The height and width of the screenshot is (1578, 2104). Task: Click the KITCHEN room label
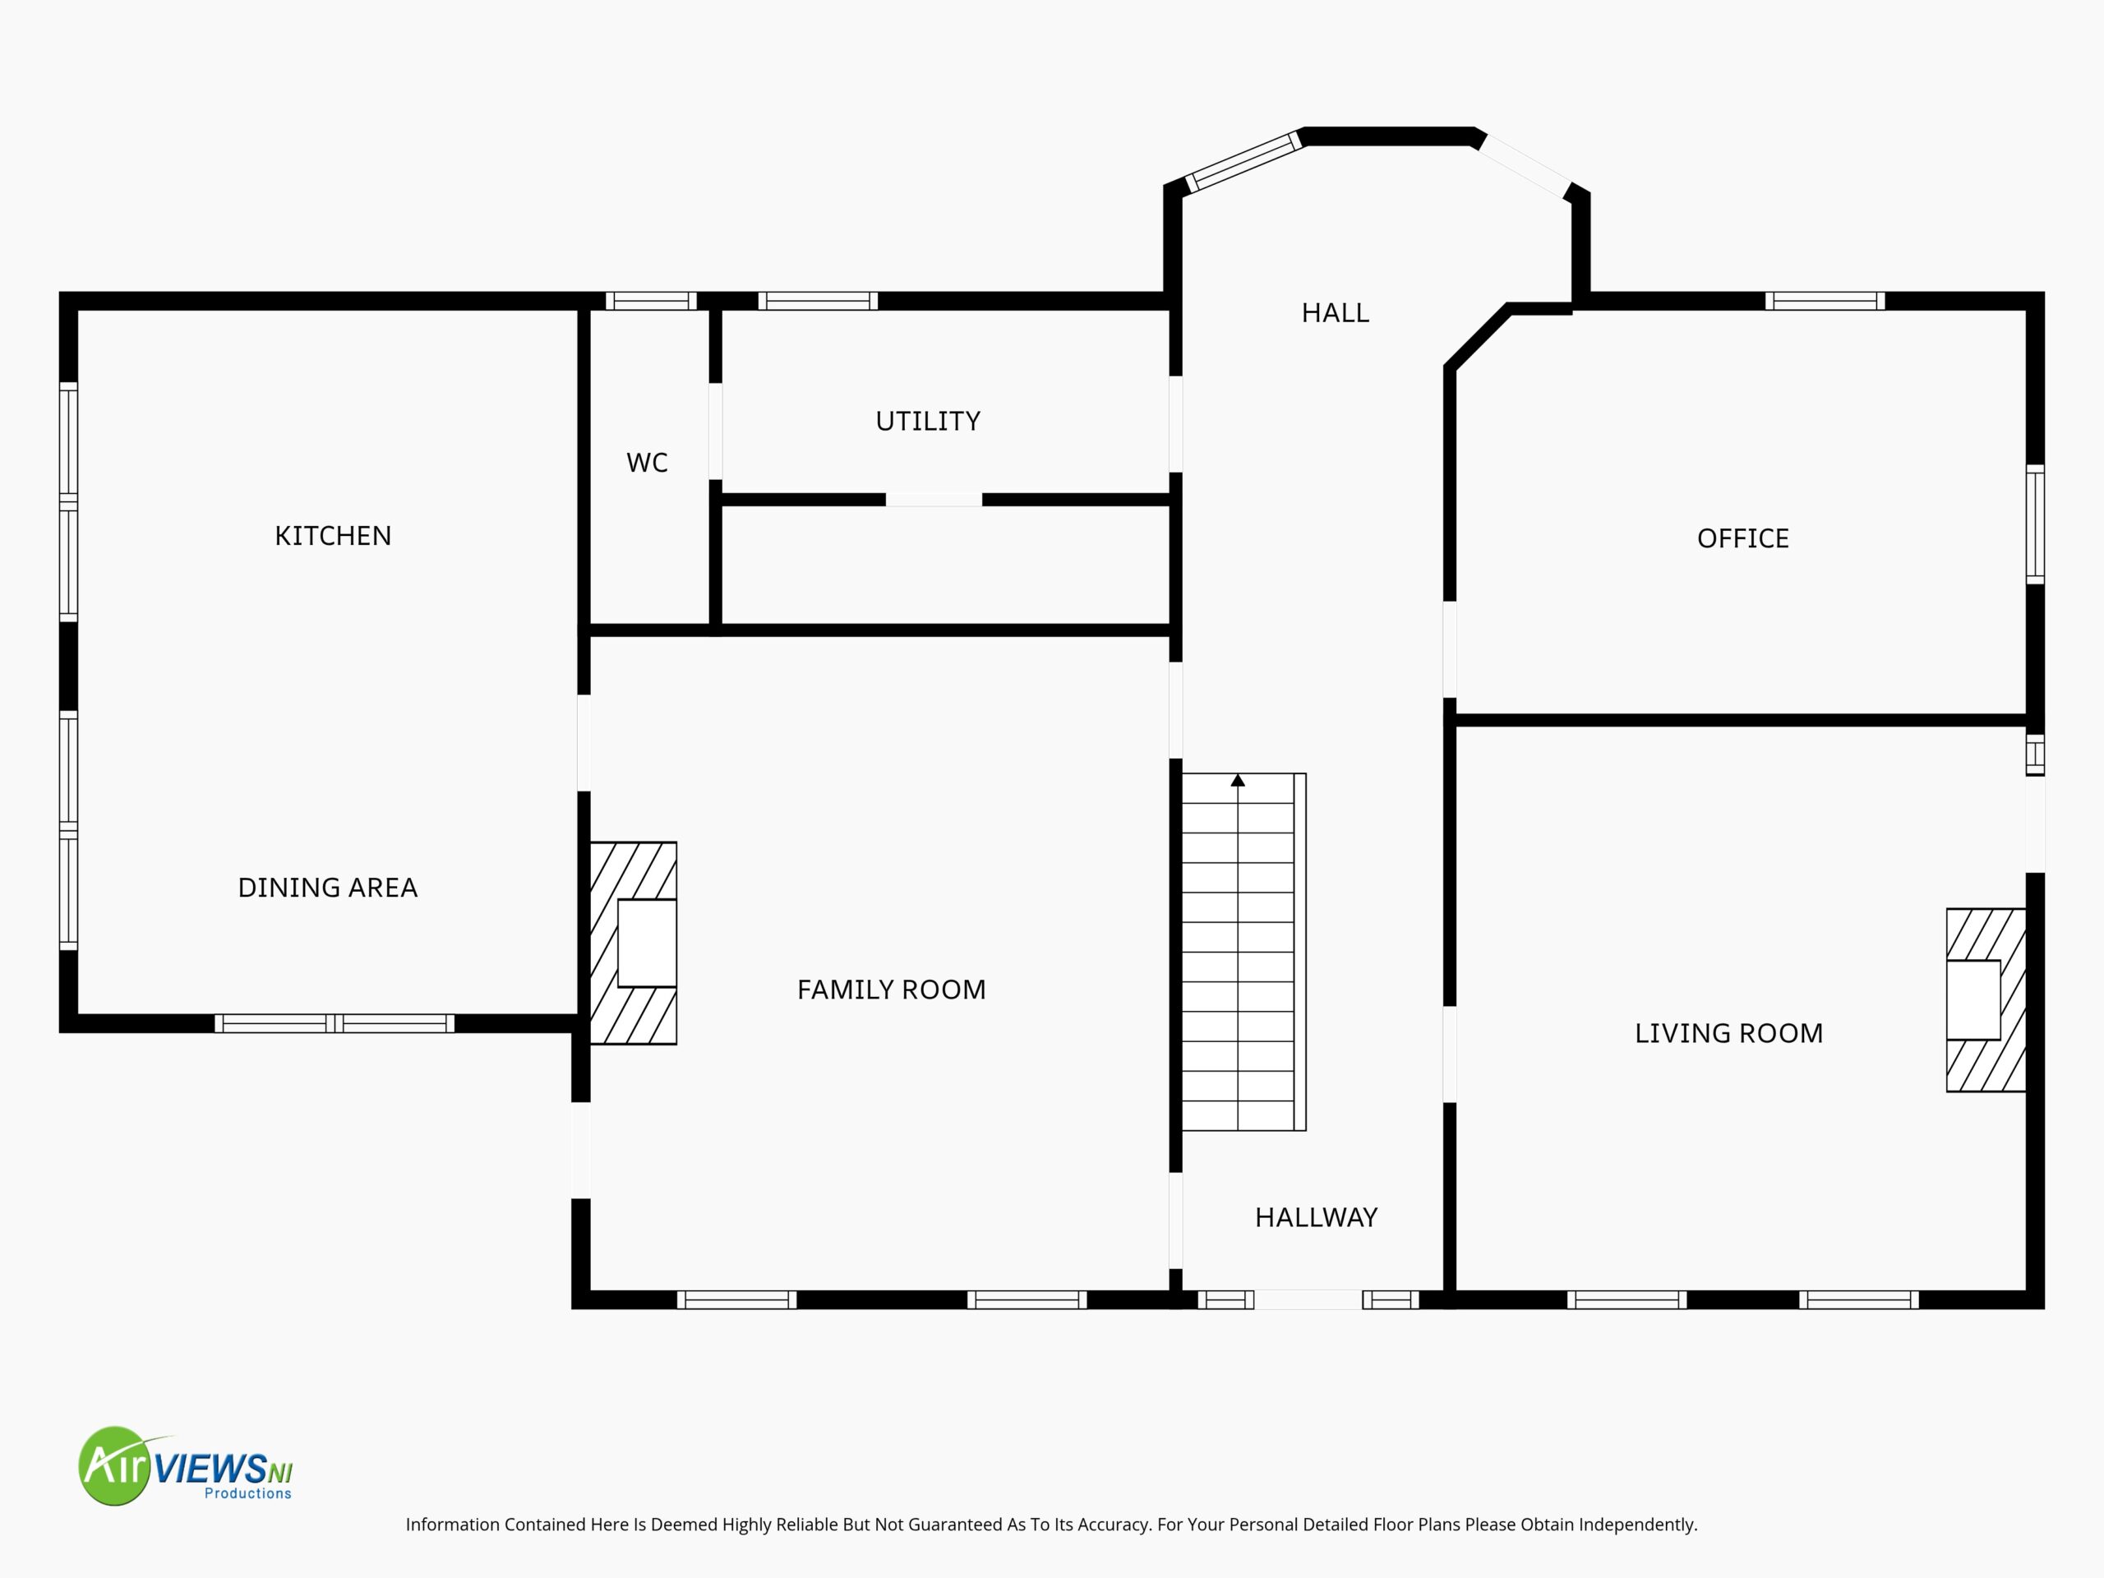[x=333, y=536]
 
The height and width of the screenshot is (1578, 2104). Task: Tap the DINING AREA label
[x=327, y=888]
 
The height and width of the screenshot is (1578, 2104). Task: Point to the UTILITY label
[x=927, y=421]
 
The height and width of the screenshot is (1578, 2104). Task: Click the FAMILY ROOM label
[x=891, y=990]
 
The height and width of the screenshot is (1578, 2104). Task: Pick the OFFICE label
[x=1742, y=538]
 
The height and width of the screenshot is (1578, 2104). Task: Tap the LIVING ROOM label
[x=1728, y=1033]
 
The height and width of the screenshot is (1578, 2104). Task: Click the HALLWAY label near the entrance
[x=1316, y=1217]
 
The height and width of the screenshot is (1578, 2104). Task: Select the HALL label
[x=1335, y=313]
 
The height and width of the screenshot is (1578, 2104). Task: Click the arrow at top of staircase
[x=1238, y=780]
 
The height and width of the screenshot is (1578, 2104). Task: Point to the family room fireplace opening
[x=647, y=943]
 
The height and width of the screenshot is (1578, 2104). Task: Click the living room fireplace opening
[x=1972, y=999]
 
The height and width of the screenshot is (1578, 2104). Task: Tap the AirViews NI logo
[x=186, y=1465]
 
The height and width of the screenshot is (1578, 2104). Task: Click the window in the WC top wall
[x=652, y=301]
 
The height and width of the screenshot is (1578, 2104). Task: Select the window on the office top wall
[x=1825, y=301]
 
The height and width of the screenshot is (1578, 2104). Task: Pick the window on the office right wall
[x=2035, y=524]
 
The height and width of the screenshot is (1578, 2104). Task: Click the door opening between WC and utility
[x=715, y=431]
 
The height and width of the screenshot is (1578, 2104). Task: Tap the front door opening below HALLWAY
[x=1308, y=1299]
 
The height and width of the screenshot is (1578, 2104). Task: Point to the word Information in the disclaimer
[x=453, y=1525]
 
